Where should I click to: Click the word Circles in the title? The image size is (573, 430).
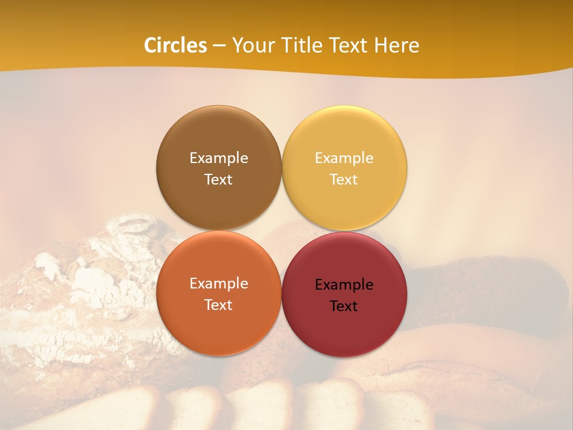pos(175,45)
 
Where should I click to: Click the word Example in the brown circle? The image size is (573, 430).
pos(218,158)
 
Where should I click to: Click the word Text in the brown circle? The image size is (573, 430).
pos(218,180)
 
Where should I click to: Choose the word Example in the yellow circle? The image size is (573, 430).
pos(344,158)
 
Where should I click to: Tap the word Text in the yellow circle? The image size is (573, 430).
pos(344,180)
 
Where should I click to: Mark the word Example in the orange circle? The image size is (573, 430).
pos(218,284)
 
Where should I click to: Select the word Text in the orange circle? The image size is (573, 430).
pos(218,305)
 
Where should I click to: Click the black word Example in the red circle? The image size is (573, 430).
pos(344,285)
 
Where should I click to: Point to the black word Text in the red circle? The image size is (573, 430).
pos(344,306)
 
